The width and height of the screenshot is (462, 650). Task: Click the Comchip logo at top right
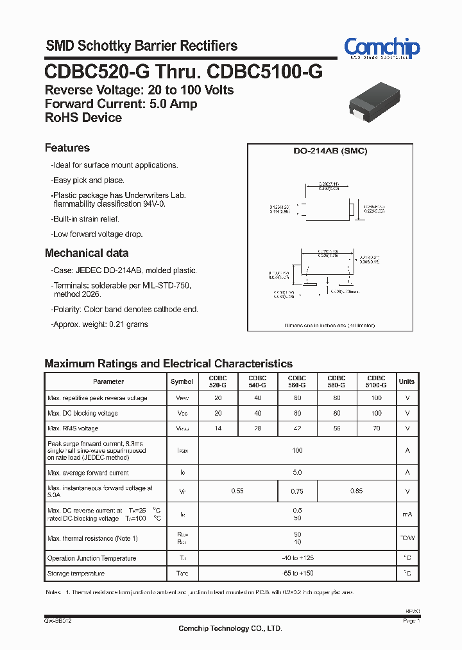click(381, 48)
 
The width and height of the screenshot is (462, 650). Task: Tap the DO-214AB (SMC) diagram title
click(330, 152)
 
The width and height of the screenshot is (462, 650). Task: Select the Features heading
click(67, 148)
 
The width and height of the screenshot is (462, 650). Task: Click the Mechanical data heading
click(87, 253)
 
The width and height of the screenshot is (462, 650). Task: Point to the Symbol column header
click(182, 382)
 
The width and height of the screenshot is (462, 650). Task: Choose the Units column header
click(407, 382)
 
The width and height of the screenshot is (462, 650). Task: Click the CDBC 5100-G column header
click(376, 382)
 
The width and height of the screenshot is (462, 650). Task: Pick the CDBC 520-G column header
click(218, 382)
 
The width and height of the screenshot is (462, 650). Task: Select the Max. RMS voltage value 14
click(218, 428)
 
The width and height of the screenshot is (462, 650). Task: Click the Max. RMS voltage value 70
click(376, 428)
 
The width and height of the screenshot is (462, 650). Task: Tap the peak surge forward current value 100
click(297, 451)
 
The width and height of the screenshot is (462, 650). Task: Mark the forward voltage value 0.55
click(237, 491)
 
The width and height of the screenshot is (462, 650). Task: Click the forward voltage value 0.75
click(297, 491)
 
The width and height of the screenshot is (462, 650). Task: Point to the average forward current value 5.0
click(297, 473)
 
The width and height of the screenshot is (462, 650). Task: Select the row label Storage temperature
click(76, 573)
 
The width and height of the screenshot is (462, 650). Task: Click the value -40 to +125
click(297, 558)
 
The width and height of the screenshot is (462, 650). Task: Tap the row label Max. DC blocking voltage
click(82, 413)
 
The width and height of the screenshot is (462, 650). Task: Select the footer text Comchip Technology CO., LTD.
click(230, 628)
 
